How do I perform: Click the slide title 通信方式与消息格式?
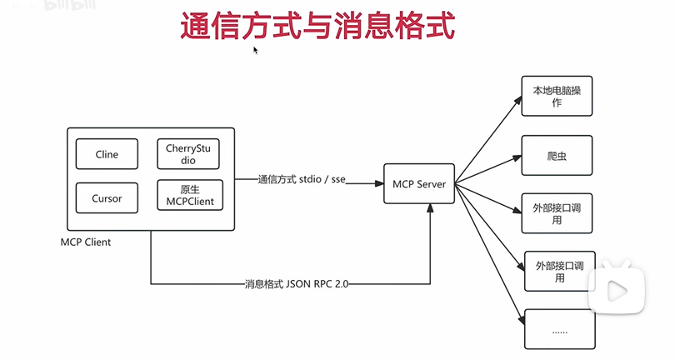(x=318, y=26)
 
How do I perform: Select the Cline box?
(x=107, y=154)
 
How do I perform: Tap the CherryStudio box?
(x=190, y=154)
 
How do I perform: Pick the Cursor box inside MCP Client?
(x=107, y=198)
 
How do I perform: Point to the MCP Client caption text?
(x=86, y=242)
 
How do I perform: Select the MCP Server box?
(x=419, y=183)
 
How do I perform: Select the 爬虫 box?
(x=557, y=156)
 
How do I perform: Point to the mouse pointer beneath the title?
(x=256, y=50)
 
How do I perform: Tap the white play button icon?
(x=617, y=290)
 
